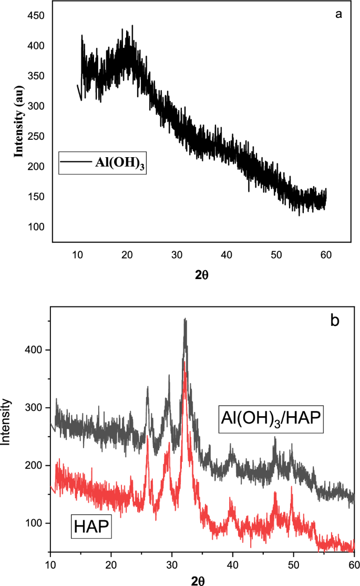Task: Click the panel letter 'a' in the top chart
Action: tap(339, 14)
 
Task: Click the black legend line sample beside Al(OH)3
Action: tap(75, 162)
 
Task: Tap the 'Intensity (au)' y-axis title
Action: tap(19, 122)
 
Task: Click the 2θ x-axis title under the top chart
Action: tap(202, 275)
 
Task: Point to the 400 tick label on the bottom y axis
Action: tap(35, 350)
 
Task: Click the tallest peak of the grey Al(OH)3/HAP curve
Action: tap(184, 319)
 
